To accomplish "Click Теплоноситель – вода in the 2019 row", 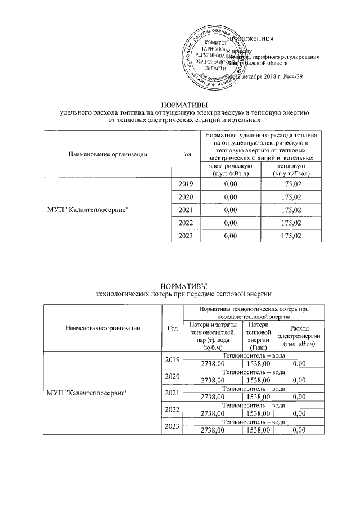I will [249, 356].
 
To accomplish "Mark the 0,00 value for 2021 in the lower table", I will [298, 397].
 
